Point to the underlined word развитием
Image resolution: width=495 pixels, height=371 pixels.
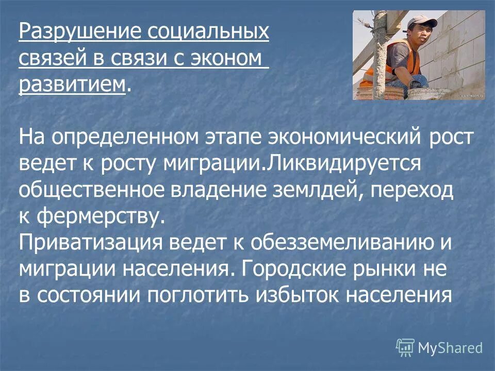pos(72,83)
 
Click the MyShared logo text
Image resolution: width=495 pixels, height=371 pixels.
pos(450,347)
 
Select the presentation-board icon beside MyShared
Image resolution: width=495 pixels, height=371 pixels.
pos(405,347)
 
